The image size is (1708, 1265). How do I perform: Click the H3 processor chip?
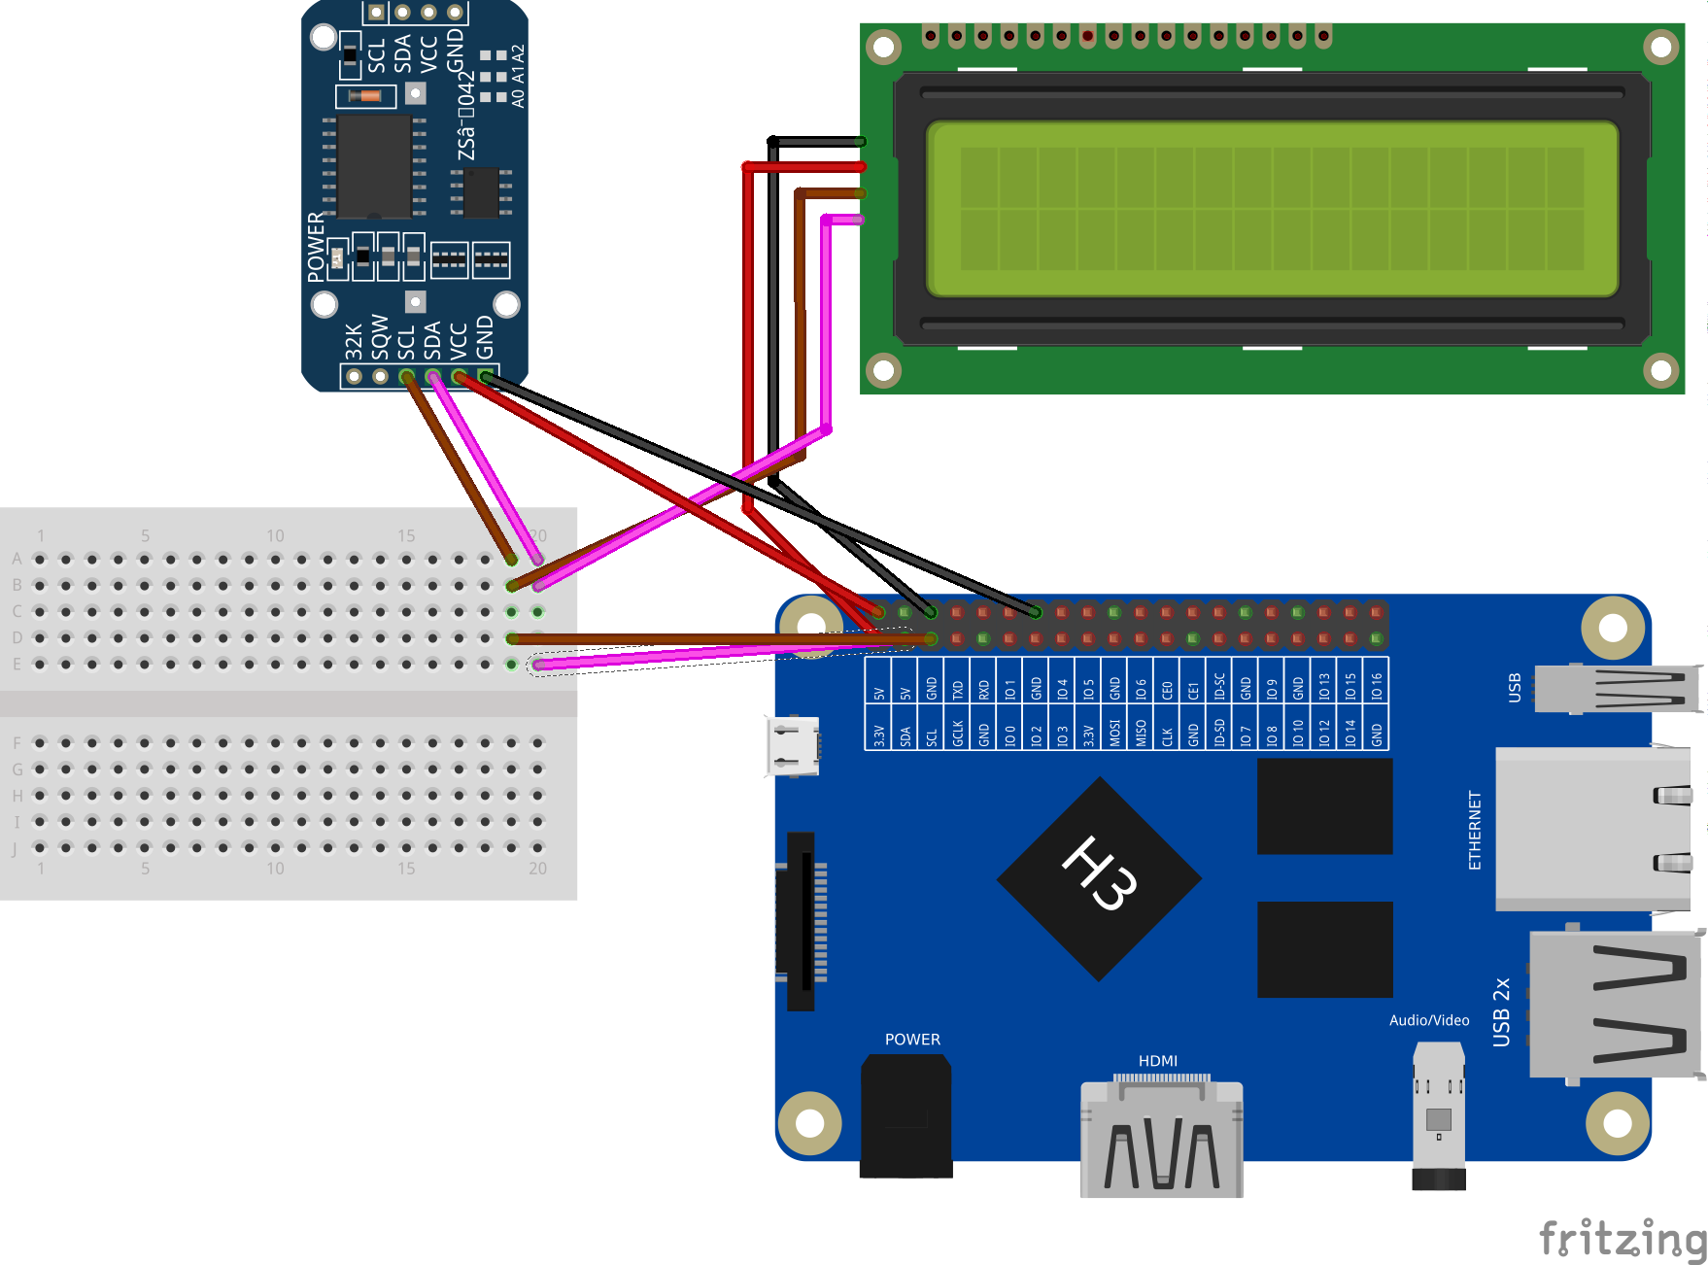[1099, 879]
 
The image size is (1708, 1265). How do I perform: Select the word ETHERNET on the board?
[1475, 830]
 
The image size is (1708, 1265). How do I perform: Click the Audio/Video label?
[1428, 1020]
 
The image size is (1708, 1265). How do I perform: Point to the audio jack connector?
[1438, 1117]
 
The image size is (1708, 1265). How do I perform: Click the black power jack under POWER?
[905, 1117]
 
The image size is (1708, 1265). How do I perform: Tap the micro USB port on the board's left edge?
[793, 746]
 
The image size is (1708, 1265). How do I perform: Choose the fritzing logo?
[1623, 1239]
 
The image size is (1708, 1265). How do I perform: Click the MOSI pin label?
[1114, 732]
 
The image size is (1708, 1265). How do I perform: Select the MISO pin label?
[1141, 732]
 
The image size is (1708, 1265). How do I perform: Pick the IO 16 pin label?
[1377, 686]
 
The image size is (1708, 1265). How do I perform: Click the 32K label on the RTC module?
[354, 341]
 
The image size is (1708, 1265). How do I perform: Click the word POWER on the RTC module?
[316, 247]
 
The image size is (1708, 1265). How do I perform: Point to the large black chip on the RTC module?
[374, 166]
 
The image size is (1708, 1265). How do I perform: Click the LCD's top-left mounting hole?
[883, 47]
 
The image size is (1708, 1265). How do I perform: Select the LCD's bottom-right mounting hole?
[1660, 370]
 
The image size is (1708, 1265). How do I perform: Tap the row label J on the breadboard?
[16, 849]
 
